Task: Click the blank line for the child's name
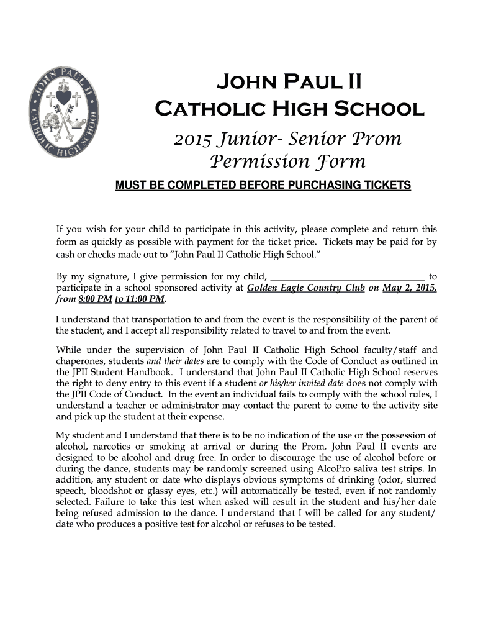[348, 276]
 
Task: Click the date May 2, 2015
[410, 288]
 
